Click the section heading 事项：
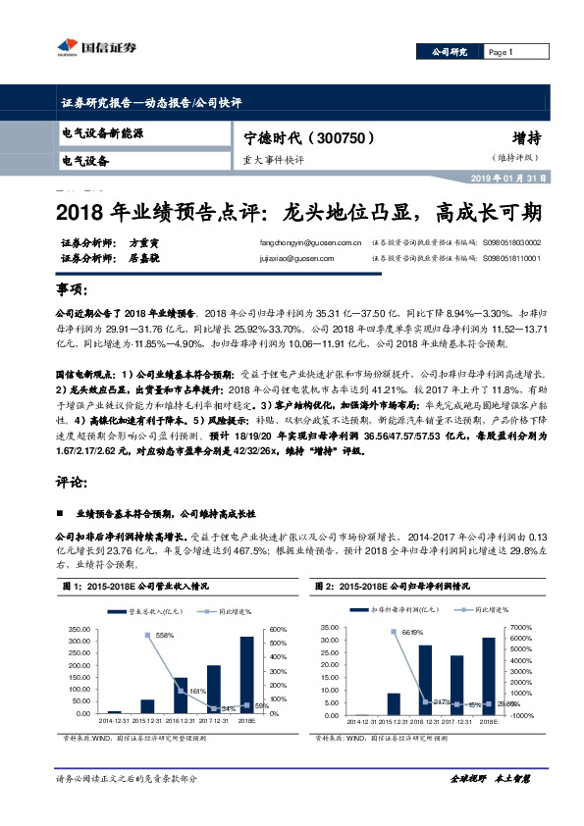click(x=74, y=291)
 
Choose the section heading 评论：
click(x=74, y=484)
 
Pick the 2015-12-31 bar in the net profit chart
click(x=394, y=702)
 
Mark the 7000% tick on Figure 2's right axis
click(x=522, y=626)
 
